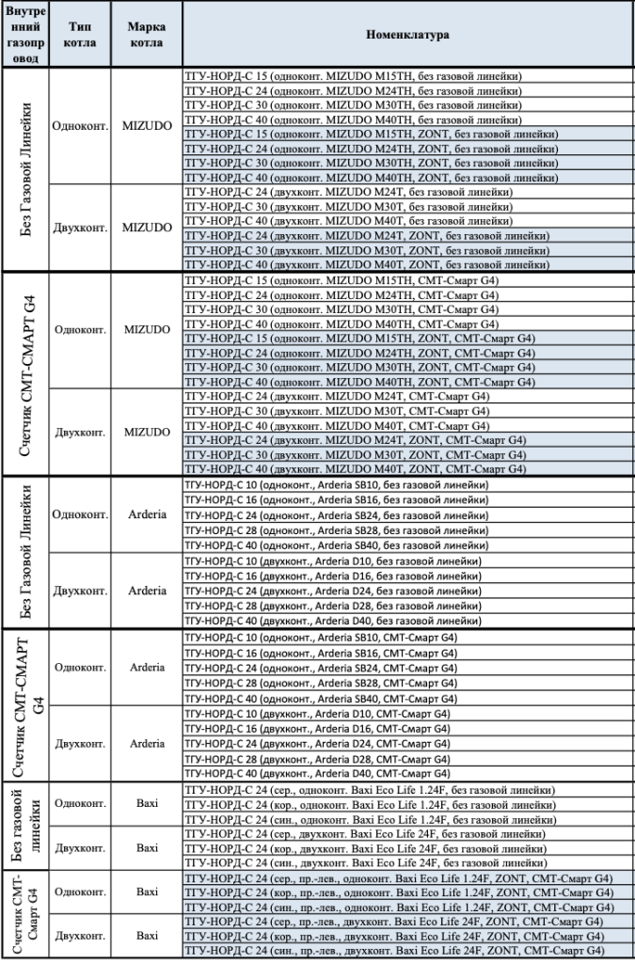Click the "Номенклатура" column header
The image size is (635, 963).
tap(407, 35)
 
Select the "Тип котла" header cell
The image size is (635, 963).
tap(79, 35)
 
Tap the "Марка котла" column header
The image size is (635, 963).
tap(147, 35)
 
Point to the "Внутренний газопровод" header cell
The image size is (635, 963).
tap(23, 35)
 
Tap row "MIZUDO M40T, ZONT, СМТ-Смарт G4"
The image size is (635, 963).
tap(356, 468)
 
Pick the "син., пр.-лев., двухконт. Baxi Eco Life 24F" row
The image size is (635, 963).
tap(395, 952)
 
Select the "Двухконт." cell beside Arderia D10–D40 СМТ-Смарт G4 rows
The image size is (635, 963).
tap(79, 743)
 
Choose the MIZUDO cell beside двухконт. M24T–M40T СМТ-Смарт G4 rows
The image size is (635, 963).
tap(147, 432)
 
